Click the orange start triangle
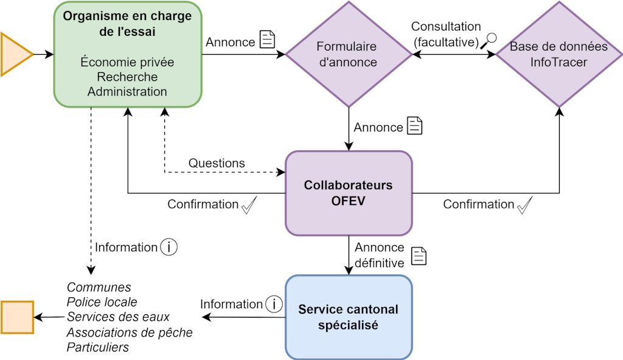tap(15, 55)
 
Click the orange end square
tap(17, 317)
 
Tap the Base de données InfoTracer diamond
tap(559, 55)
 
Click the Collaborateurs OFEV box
tap(349, 193)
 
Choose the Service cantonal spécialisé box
tap(349, 317)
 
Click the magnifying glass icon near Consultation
tap(489, 41)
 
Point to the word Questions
tap(217, 163)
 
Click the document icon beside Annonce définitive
tap(419, 256)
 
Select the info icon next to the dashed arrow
tap(169, 247)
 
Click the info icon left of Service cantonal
tap(274, 304)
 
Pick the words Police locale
tap(102, 302)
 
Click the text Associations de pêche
tap(129, 333)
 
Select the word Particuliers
tap(97, 347)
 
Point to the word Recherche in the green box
tap(127, 77)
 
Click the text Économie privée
tap(127, 63)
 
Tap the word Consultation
tap(446, 27)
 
